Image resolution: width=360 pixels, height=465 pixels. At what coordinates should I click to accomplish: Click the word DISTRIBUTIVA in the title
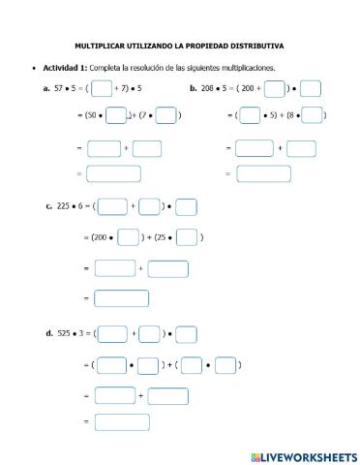260,45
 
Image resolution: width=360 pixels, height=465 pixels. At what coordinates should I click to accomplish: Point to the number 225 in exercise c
67,206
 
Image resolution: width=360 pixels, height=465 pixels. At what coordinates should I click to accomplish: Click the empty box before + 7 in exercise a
101,89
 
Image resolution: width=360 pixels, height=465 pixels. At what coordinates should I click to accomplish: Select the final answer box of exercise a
113,174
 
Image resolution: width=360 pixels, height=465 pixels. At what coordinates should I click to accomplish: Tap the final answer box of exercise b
263,174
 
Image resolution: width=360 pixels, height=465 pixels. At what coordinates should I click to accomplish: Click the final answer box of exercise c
121,298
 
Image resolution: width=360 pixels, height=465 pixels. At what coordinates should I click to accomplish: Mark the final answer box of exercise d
121,422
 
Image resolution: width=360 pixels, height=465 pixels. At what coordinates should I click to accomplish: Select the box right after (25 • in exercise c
188,237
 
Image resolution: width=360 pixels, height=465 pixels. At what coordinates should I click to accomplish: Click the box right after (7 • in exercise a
165,116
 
